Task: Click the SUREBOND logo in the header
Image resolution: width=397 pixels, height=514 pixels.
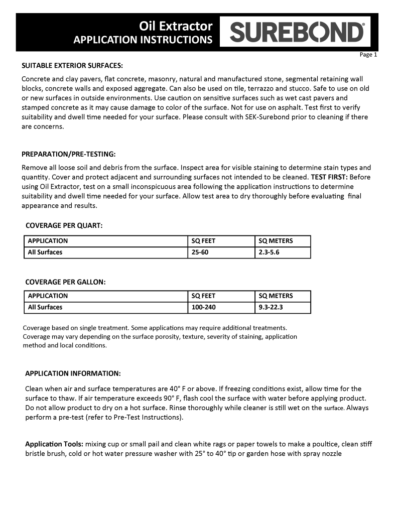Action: coord(297,33)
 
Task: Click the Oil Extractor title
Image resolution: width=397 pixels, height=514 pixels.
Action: coord(176,26)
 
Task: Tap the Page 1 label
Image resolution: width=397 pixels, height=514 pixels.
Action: coord(368,55)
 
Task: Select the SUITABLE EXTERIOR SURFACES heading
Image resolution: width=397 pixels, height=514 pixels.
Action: coord(72,66)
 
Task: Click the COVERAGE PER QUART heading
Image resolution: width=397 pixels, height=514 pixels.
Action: coord(64,225)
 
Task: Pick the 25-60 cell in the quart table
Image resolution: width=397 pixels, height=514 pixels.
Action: coord(200,252)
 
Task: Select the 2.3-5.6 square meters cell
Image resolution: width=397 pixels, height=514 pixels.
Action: coord(269,252)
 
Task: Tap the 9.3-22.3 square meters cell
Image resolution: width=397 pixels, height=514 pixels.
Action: coord(271,307)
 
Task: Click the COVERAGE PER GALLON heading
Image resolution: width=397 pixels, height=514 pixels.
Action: coord(65,282)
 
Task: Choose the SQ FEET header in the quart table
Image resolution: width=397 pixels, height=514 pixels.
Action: coord(204,241)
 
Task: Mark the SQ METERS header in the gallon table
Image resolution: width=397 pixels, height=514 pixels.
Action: coord(276,296)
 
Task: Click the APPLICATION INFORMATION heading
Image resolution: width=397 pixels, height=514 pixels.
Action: coord(73,373)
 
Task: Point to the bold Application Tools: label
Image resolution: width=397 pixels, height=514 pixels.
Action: coord(55,444)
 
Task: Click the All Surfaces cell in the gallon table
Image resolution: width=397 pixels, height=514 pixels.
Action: coord(45,307)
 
